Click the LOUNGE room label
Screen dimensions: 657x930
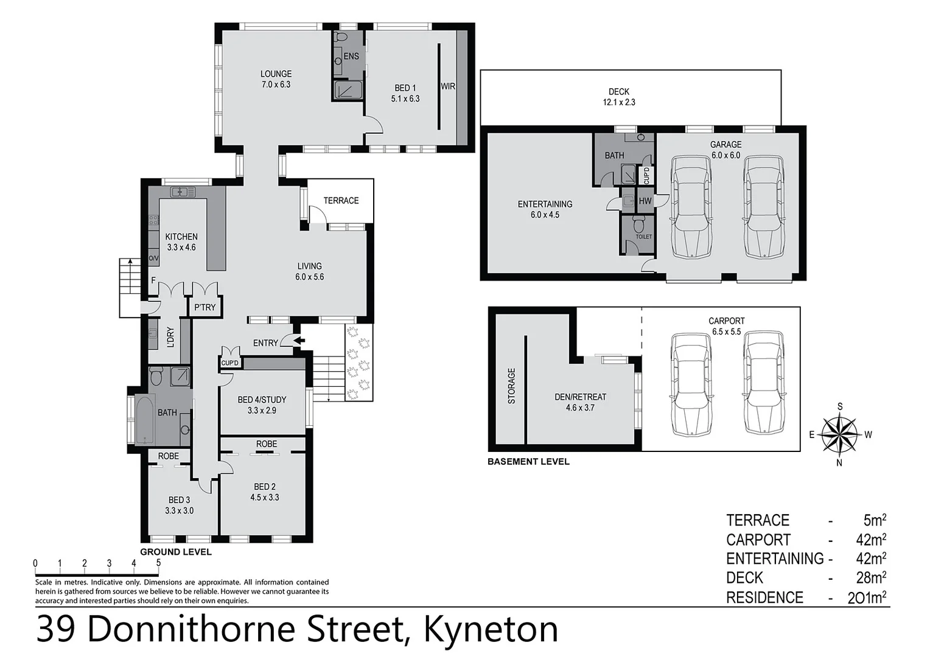click(276, 74)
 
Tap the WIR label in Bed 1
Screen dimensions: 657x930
click(448, 86)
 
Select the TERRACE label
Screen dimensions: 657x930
click(341, 200)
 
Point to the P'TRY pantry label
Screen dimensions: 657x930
click(205, 307)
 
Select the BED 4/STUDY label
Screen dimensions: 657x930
click(262, 400)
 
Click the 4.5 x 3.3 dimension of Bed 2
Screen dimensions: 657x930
click(265, 497)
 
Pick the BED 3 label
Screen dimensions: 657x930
click(179, 500)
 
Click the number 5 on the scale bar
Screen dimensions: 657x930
click(158, 563)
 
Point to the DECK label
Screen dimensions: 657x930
click(618, 92)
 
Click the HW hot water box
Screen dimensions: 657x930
click(645, 201)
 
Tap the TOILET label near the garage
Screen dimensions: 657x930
click(643, 237)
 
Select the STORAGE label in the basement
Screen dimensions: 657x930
click(511, 386)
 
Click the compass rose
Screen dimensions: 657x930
click(839, 434)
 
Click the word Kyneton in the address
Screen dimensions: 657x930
click(491, 629)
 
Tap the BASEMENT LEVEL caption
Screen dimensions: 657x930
click(528, 462)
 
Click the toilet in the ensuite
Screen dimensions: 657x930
click(340, 38)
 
